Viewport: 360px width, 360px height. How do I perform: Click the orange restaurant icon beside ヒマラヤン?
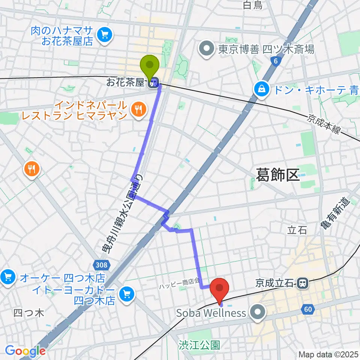[x=138, y=109]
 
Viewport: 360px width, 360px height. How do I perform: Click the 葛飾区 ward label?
[x=277, y=175]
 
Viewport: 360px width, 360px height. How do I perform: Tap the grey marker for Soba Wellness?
[x=258, y=312]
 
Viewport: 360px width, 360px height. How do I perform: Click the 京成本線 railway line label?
[x=324, y=124]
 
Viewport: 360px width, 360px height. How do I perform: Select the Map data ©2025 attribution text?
[x=328, y=354]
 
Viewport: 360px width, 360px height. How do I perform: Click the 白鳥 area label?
[x=252, y=5]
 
